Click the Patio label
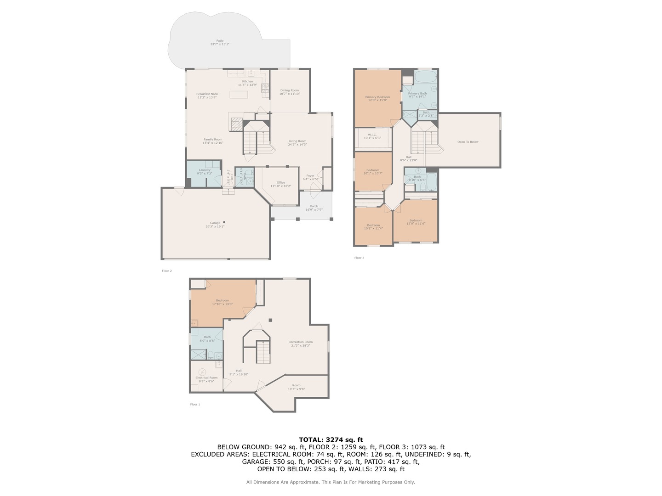point(220,42)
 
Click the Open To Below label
point(468,142)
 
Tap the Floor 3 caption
point(359,258)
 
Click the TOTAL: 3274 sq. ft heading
point(331,440)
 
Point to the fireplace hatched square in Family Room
point(236,124)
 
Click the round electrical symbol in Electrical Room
point(202,372)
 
